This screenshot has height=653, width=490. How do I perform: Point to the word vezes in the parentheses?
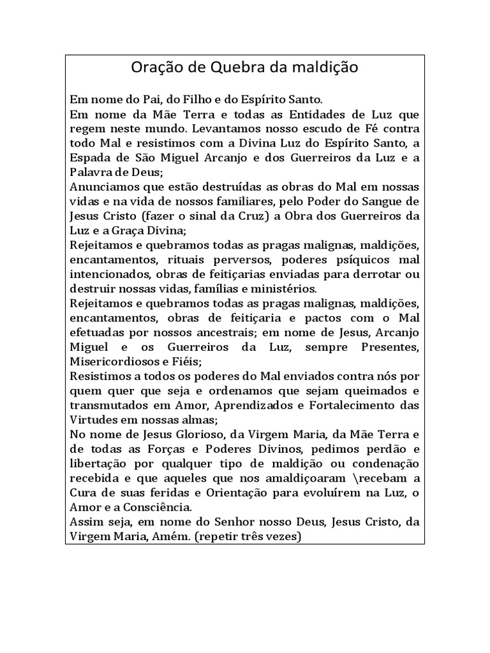278,536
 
